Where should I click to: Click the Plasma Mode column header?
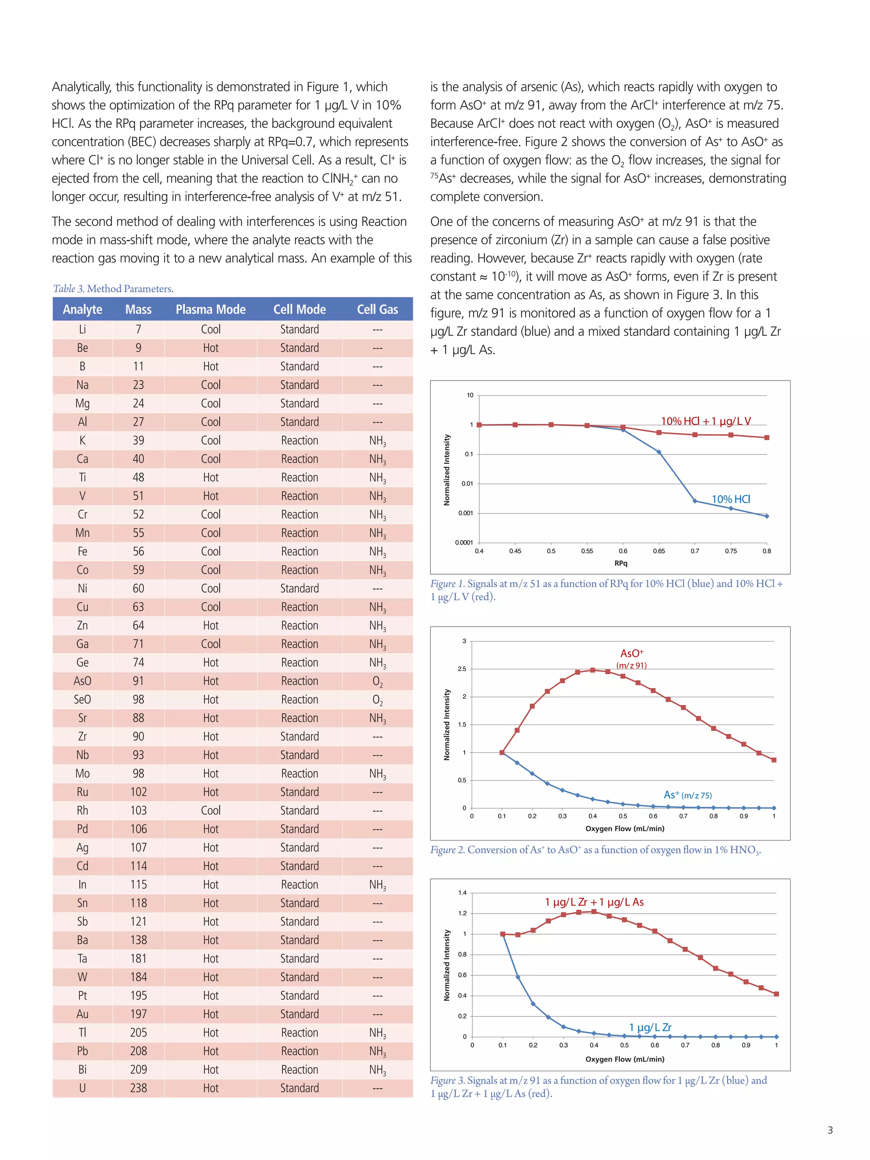pyautogui.click(x=210, y=309)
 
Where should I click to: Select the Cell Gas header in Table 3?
pyautogui.click(x=377, y=309)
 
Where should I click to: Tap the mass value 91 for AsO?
pyautogui.click(x=138, y=681)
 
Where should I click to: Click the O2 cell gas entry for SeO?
pyautogui.click(x=377, y=700)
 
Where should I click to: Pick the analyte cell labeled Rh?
pyautogui.click(x=82, y=810)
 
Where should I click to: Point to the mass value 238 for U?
pyautogui.click(x=138, y=1088)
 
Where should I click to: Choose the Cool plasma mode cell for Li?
pyautogui.click(x=210, y=329)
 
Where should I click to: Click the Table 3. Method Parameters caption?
pyautogui.click(x=113, y=288)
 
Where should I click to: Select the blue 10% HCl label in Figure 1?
pyautogui.click(x=731, y=499)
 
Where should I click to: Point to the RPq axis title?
pyautogui.click(x=621, y=563)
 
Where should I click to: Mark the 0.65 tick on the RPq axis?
pyautogui.click(x=659, y=551)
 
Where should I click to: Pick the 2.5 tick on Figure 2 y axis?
pyautogui.click(x=461, y=669)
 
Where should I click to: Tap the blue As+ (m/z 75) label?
pyautogui.click(x=687, y=795)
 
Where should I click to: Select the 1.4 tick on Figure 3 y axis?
pyautogui.click(x=462, y=892)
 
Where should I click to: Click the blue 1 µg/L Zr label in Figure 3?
pyautogui.click(x=650, y=1027)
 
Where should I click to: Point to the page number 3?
pyautogui.click(x=830, y=1130)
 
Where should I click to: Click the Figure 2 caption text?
pyautogui.click(x=595, y=850)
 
